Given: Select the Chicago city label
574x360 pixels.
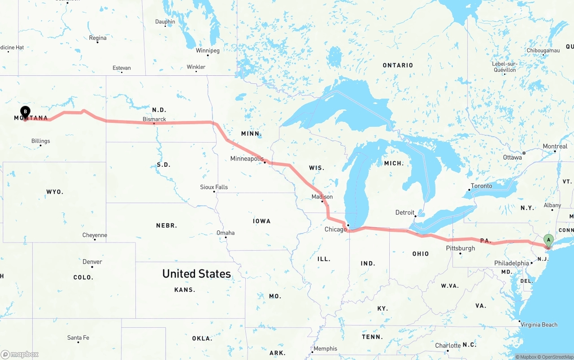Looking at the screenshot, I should coord(335,230).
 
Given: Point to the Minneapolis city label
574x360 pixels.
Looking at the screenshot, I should coord(247,159).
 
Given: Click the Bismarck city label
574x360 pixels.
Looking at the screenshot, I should coord(154,119).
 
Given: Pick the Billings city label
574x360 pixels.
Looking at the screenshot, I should coord(41,141).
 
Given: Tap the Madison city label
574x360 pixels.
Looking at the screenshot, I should coord(322,197).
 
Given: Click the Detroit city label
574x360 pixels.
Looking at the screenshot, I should coord(404,213).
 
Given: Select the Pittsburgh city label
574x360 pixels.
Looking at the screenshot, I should coord(460,248).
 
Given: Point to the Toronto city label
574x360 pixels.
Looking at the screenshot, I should coord(481,186).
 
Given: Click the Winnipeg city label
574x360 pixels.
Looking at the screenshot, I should coord(208,51).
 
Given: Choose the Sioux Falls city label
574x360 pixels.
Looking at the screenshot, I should coord(214,187).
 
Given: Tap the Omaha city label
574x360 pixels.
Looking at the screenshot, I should coord(226,233).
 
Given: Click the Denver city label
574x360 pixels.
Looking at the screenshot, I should coord(92,262).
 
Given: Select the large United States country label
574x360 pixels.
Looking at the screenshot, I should coord(196,273).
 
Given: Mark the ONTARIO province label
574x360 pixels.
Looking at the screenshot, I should coord(398,65).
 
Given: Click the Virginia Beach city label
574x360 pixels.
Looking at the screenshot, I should coord(539,325).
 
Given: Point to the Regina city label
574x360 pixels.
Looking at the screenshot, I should coord(98,38).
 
